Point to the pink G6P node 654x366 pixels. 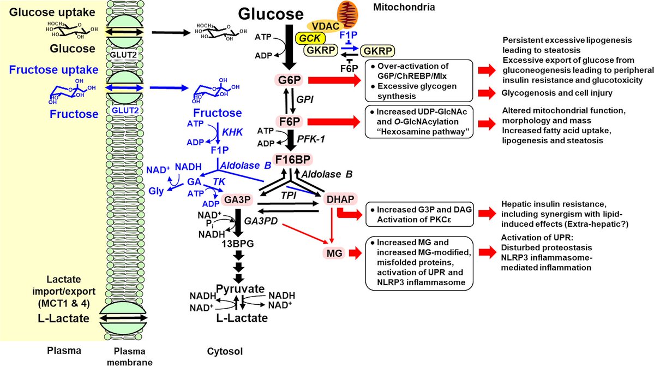pyautogui.click(x=285, y=80)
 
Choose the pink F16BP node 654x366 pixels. pyautogui.click(x=292, y=160)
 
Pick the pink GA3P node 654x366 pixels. pyautogui.click(x=236, y=200)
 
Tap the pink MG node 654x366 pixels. pyautogui.click(x=332, y=253)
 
